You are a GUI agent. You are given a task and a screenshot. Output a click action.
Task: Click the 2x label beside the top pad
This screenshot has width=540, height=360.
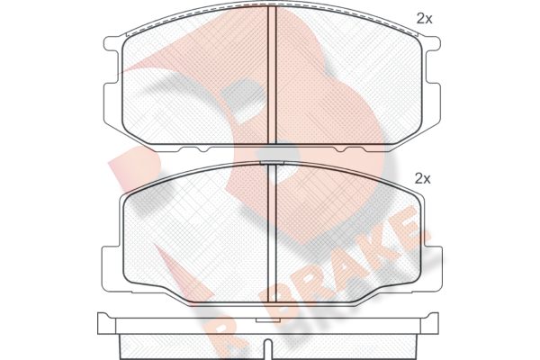(424, 19)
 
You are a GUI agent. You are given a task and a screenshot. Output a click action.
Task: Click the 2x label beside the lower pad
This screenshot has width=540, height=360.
(423, 178)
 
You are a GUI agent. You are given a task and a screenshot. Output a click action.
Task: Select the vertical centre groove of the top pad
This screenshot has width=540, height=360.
(272, 75)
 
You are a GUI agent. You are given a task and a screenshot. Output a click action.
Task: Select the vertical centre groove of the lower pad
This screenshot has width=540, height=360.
(272, 234)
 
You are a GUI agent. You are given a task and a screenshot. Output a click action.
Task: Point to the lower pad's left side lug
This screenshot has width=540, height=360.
(110, 268)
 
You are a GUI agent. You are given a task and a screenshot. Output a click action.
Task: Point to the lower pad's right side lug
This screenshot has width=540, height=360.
(433, 268)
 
